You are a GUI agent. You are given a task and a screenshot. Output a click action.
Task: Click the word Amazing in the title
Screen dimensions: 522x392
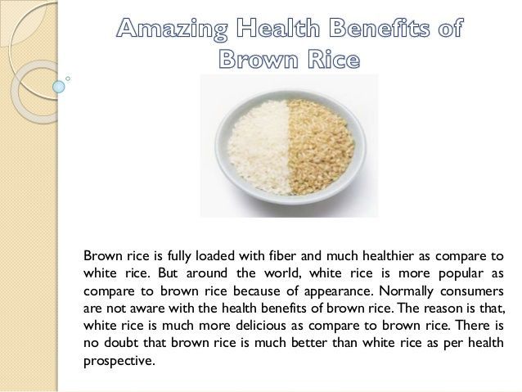[x=173, y=29]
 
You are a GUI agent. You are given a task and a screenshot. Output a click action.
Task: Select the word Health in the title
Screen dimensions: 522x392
[x=278, y=27]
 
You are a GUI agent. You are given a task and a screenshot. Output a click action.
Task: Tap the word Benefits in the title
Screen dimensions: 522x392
[x=380, y=27]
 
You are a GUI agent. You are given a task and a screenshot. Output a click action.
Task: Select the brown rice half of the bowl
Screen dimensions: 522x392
[x=320, y=146]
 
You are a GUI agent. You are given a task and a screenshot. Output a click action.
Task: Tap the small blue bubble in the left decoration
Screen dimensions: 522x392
[x=59, y=87]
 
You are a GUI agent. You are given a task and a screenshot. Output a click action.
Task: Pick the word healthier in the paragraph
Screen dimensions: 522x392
[x=388, y=256]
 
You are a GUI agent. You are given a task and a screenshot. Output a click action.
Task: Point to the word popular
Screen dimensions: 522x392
[x=461, y=274]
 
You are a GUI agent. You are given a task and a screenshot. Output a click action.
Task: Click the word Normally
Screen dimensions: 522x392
[x=406, y=291]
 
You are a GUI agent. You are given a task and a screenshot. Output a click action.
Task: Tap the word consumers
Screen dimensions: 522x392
[x=472, y=291]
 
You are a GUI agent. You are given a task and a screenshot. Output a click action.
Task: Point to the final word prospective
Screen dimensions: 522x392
[x=119, y=361]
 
